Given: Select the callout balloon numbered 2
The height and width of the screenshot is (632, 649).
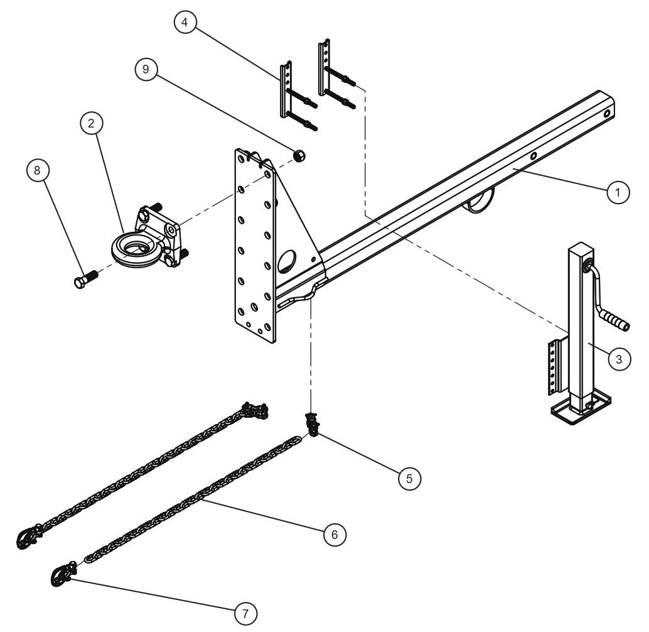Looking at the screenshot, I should (91, 124).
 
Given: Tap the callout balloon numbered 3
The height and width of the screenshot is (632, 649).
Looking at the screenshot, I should (618, 359).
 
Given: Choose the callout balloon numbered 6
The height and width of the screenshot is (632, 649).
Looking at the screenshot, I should (335, 535).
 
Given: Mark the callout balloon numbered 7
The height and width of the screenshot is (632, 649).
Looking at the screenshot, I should (245, 612).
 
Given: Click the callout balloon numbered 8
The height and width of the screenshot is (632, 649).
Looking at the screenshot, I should (38, 170).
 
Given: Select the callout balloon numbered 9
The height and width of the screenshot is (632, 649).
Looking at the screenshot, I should (146, 70).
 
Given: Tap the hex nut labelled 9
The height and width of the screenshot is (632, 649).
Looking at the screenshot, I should (299, 155).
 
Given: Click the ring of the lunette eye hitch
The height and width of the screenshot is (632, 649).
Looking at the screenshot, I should (131, 247).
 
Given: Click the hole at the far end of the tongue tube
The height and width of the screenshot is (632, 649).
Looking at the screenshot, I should (608, 114).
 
